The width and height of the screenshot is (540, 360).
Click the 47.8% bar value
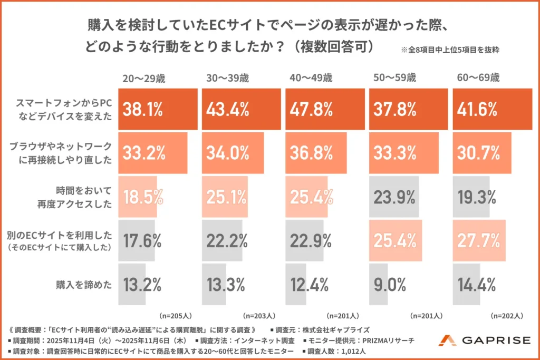(x=311, y=110)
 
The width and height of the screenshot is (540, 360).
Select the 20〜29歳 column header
(x=143, y=79)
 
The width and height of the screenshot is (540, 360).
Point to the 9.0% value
(x=390, y=285)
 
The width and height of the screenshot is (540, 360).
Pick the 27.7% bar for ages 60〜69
(x=479, y=241)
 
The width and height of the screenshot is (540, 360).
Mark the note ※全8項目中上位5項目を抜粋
(x=450, y=51)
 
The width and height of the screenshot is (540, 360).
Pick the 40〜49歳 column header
(x=311, y=79)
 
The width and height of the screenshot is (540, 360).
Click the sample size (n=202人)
(x=507, y=316)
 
